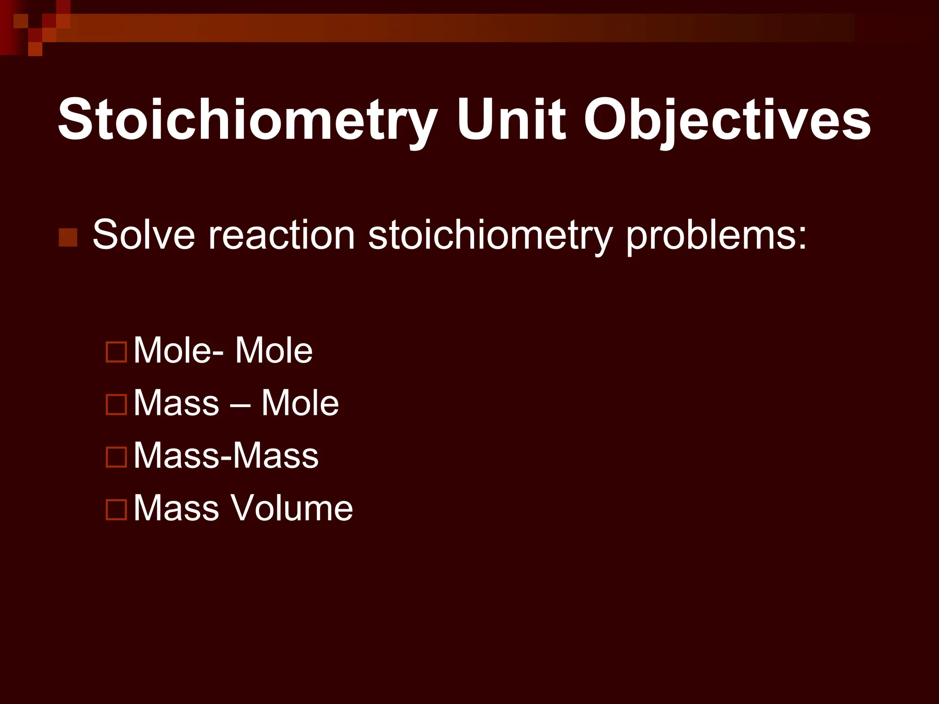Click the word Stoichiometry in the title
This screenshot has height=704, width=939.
pyautogui.click(x=247, y=120)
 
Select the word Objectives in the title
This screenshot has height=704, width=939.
pyautogui.click(x=727, y=120)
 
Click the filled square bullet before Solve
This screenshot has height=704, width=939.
pyautogui.click(x=68, y=237)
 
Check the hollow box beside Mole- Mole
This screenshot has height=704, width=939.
pyautogui.click(x=116, y=352)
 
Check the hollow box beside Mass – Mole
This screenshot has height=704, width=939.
pyautogui.click(x=116, y=405)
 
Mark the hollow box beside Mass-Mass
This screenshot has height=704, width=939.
pyautogui.click(x=116, y=457)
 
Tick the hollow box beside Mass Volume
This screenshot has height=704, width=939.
pyautogui.click(x=116, y=509)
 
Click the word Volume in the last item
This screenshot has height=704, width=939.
pyautogui.click(x=292, y=508)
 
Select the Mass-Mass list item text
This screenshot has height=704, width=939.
pyautogui.click(x=226, y=456)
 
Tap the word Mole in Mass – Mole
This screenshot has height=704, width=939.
pyautogui.click(x=300, y=403)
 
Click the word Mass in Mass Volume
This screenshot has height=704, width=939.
pyautogui.click(x=177, y=508)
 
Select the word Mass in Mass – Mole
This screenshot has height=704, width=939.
pyautogui.click(x=177, y=403)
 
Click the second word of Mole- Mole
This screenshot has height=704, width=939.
pyautogui.click(x=274, y=351)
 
